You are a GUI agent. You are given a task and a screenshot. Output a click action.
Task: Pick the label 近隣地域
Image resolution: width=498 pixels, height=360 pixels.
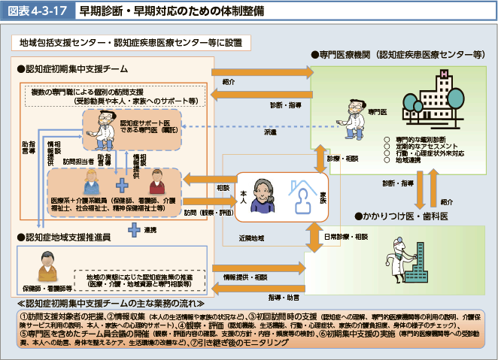(252, 237)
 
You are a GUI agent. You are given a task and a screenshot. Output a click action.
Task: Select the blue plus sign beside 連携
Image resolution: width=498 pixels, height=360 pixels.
(134, 228)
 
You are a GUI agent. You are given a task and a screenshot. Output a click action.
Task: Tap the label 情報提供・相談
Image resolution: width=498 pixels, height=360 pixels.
(246, 278)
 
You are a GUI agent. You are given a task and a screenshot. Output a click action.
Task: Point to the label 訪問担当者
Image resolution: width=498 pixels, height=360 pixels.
(78, 161)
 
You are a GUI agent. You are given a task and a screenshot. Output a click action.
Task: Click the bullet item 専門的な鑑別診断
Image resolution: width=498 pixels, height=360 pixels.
(421, 138)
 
